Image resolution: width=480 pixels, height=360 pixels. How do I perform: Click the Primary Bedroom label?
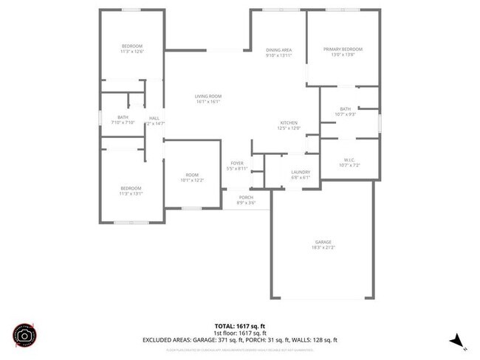342,49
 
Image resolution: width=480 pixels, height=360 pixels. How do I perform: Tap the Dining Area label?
278,49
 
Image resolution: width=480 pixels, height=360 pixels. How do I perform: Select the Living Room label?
208,97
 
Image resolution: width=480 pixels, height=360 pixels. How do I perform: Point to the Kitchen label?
288,122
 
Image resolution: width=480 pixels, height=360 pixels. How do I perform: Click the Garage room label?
323,242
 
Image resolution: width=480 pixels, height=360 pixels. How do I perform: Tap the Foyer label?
237,163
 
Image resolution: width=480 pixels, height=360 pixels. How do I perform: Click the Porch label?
245,198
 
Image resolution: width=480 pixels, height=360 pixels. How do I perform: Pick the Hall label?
154,118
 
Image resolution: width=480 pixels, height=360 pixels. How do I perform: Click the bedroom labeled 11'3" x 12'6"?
131,49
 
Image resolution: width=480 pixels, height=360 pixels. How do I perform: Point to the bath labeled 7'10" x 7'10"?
123,120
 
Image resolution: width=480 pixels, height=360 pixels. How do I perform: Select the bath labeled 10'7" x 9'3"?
346,111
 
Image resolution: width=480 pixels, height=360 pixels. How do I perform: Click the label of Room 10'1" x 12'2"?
192,177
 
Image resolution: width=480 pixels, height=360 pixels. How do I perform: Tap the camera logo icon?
24,335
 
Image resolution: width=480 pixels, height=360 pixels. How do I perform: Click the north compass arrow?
459,340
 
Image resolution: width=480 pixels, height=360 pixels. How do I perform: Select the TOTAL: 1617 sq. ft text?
239,325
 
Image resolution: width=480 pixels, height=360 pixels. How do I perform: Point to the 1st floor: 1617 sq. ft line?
239,333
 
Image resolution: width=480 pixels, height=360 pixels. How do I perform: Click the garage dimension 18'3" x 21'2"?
323,248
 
